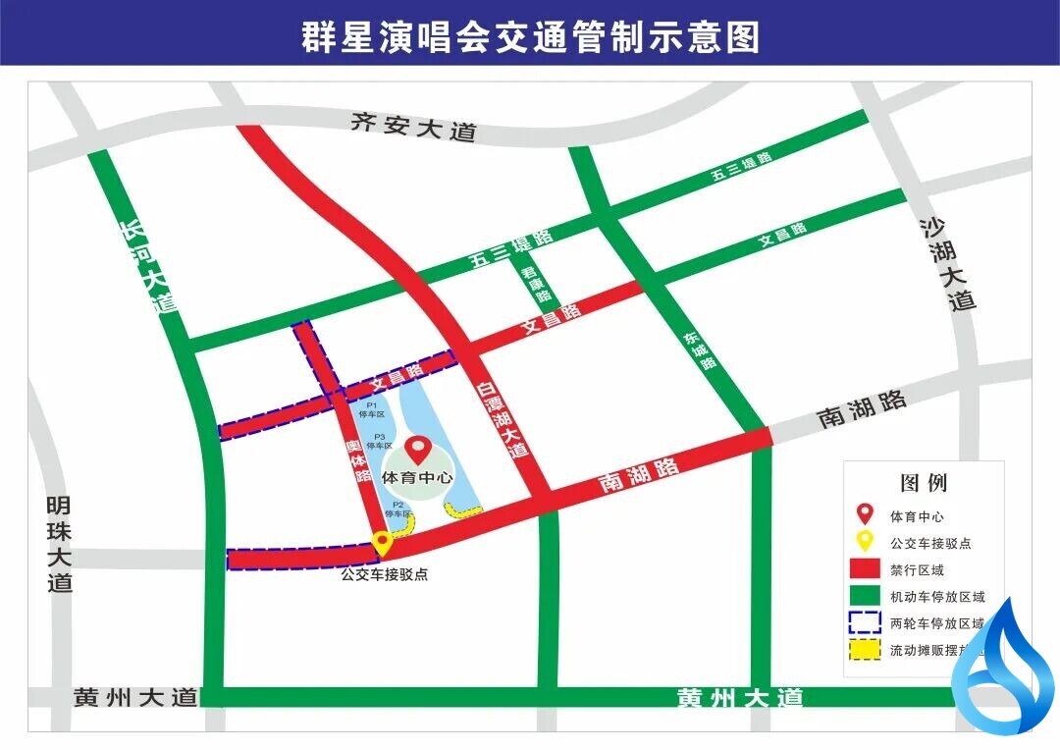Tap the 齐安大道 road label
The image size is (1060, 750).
click(x=413, y=127)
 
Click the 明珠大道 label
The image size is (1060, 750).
click(x=60, y=544)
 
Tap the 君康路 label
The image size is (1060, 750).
click(x=536, y=284)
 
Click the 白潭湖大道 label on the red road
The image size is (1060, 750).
click(x=503, y=416)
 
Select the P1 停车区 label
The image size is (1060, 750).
click(x=372, y=409)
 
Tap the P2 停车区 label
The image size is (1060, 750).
click(x=398, y=509)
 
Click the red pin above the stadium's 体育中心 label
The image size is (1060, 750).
click(x=419, y=451)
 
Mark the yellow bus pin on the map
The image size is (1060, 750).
click(x=382, y=542)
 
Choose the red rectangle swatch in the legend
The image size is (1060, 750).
click(x=865, y=569)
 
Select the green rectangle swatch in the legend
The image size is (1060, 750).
click(x=865, y=596)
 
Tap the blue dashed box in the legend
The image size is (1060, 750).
click(x=865, y=622)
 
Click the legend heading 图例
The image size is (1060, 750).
click(x=924, y=483)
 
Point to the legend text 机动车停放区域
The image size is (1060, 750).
click(x=936, y=597)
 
